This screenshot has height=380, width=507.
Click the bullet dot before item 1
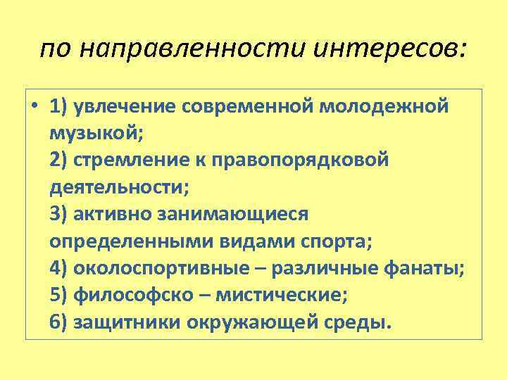point(34,106)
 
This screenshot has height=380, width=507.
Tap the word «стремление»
point(129,160)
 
